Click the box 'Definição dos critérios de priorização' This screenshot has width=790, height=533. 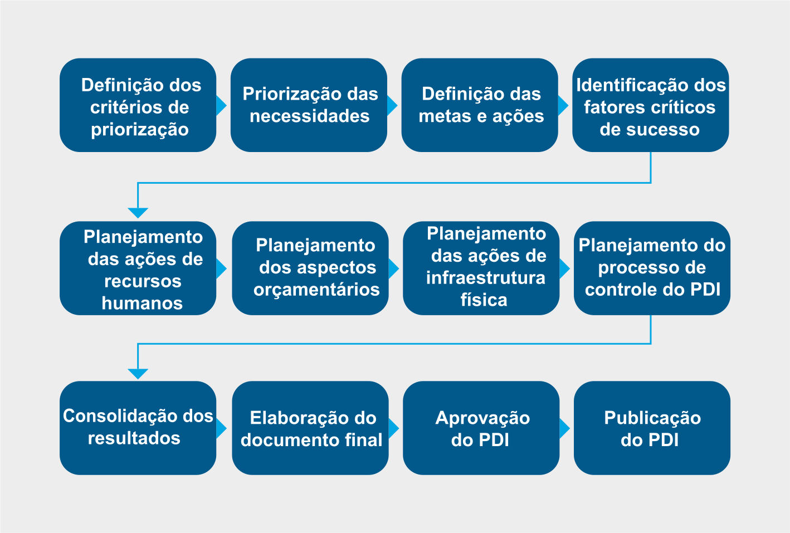pyautogui.click(x=138, y=105)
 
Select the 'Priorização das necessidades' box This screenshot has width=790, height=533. pyautogui.click(x=309, y=105)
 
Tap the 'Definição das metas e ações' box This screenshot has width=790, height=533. pyautogui.click(x=480, y=105)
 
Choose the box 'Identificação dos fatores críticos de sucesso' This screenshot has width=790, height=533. pyautogui.click(x=651, y=105)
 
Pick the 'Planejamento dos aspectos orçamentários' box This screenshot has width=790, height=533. pyautogui.click(x=310, y=268)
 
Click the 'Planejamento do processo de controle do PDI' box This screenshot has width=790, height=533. pyautogui.click(x=652, y=268)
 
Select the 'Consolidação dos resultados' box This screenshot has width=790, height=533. pyautogui.click(x=138, y=428)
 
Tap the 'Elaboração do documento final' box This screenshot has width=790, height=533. pyautogui.click(x=310, y=428)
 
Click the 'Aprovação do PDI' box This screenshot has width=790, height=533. pyautogui.click(x=481, y=428)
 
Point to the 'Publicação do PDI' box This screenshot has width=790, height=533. pyautogui.click(x=652, y=428)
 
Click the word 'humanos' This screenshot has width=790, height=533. pyautogui.click(x=142, y=303)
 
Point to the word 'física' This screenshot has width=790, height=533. pyautogui.click(x=484, y=300)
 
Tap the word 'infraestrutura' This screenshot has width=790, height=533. pyautogui.click(x=486, y=278)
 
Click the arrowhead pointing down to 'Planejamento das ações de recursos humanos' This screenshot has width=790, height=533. pyautogui.click(x=138, y=213)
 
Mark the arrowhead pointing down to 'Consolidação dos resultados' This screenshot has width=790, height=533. pyautogui.click(x=138, y=374)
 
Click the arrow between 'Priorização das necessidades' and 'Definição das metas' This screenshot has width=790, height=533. pyautogui.click(x=392, y=105)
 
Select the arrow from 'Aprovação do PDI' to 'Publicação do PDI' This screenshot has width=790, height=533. pyautogui.click(x=564, y=428)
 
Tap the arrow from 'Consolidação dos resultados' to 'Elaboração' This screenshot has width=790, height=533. pyautogui.click(x=221, y=428)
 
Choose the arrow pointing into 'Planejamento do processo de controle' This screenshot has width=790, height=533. pyautogui.click(x=564, y=268)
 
